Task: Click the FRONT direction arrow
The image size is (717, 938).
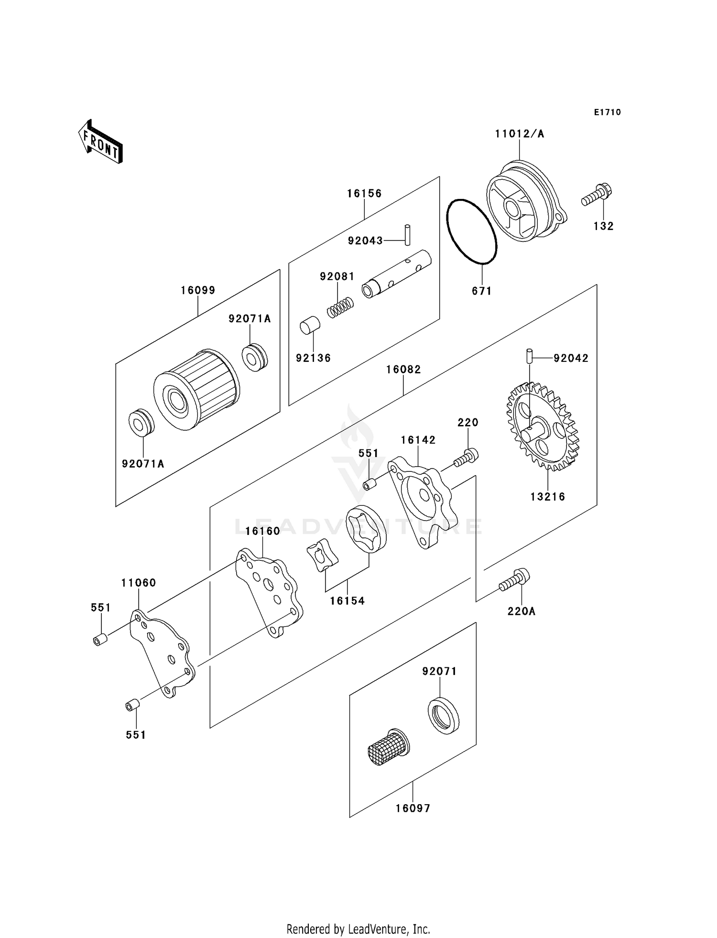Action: [x=101, y=142]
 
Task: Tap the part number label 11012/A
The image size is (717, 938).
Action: [x=519, y=134]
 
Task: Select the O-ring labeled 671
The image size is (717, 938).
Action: [x=471, y=232]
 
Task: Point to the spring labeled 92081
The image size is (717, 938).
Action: [x=340, y=307]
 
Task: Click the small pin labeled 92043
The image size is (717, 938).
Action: [x=407, y=235]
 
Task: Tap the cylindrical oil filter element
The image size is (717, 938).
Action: [x=196, y=390]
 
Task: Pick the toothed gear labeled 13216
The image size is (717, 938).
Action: [x=543, y=426]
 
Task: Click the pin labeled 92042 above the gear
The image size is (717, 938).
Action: [x=529, y=356]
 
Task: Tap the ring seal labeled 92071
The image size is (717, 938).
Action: [x=443, y=716]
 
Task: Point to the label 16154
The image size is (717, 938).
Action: [x=347, y=601]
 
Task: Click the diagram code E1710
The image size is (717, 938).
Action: [x=607, y=112]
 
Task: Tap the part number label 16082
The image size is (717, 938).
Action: [x=403, y=370]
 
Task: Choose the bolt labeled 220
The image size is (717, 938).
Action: [x=467, y=457]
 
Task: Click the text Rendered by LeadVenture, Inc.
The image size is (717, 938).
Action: [x=358, y=929]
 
